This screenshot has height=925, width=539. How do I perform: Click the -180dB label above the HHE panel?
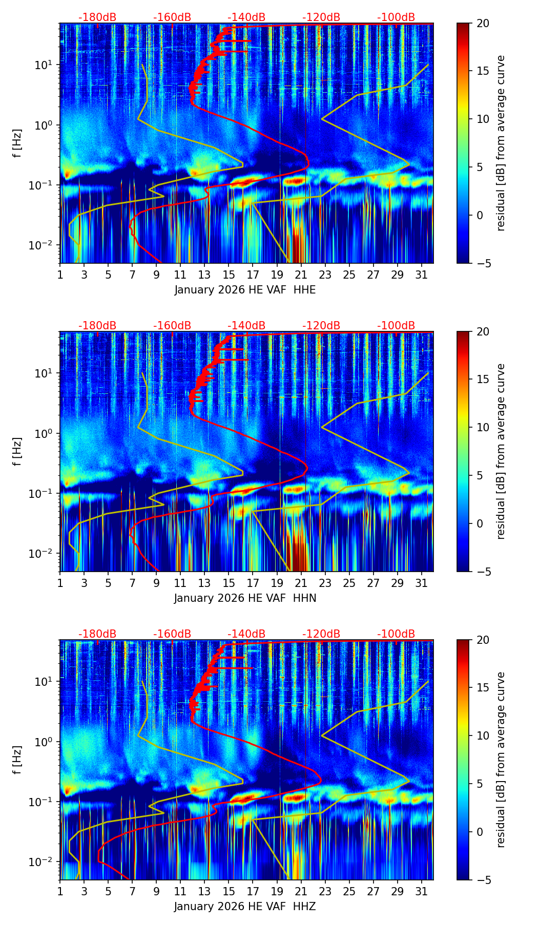[x=97, y=17]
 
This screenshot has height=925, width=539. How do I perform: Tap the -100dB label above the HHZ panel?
[x=396, y=634]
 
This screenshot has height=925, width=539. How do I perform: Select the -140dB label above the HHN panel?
[x=246, y=326]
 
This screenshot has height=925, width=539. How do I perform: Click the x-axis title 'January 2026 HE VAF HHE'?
[x=245, y=290]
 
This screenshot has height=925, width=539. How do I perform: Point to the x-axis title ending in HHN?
[x=245, y=598]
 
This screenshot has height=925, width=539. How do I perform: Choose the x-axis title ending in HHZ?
[x=245, y=907]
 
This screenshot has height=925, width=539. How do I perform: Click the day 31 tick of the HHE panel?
[x=422, y=275]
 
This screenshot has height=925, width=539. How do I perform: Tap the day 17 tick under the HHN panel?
[x=253, y=583]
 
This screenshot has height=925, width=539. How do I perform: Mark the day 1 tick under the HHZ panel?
[x=60, y=892]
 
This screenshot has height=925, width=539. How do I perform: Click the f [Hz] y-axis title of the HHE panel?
[x=17, y=143]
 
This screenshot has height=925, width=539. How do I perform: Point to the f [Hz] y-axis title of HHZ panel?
[x=17, y=760]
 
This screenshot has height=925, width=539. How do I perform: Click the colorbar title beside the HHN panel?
[x=501, y=451]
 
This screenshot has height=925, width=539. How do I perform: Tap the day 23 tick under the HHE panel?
[x=325, y=275]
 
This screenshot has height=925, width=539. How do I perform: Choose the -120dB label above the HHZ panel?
[x=321, y=634]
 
